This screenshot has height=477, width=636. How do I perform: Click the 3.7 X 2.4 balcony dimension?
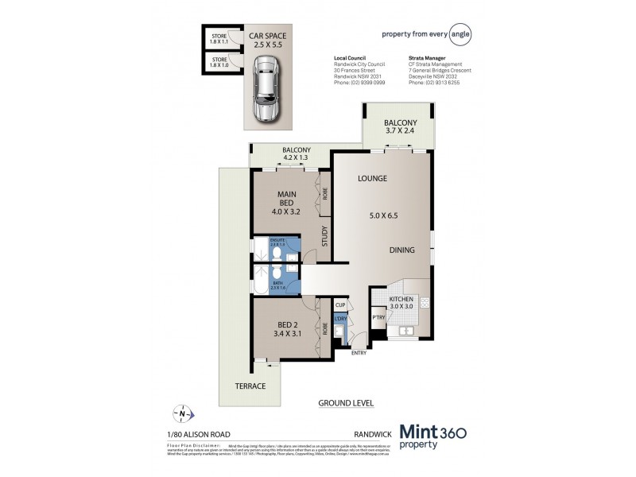tap(400, 133)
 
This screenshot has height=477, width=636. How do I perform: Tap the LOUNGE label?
tap(372, 179)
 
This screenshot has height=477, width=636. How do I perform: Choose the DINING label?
tap(401, 250)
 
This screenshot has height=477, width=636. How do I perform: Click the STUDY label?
tap(325, 237)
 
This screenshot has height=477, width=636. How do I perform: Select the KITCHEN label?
tap(401, 299)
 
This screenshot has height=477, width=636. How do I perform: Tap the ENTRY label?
tap(358, 353)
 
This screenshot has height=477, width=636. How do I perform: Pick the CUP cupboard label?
tap(339, 304)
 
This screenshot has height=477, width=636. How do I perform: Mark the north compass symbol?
tap(183, 413)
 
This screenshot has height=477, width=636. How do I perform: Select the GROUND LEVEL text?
tap(345, 403)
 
